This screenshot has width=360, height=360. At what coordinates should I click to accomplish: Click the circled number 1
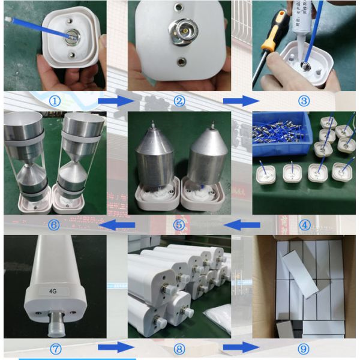tap(55, 101)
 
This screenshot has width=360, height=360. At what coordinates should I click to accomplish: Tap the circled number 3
tap(304, 101)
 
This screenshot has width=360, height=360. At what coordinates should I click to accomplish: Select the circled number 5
tap(178, 225)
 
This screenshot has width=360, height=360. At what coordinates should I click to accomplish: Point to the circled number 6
tap(54, 225)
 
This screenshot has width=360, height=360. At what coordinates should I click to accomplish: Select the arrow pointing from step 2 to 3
tap(241, 100)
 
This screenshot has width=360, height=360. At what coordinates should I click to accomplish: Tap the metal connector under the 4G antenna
tap(56, 323)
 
